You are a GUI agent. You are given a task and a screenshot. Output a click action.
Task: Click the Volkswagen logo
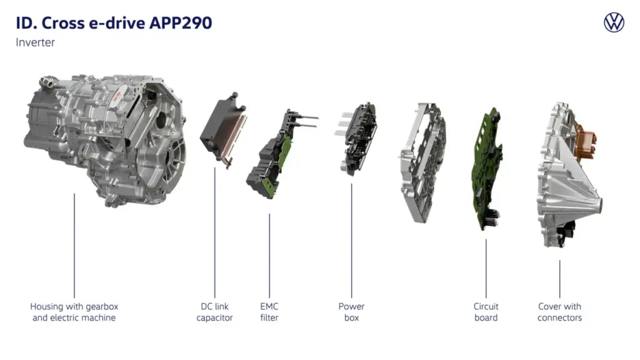pyautogui.click(x=614, y=22)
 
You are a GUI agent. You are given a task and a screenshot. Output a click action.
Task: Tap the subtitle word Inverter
pyautogui.click(x=36, y=42)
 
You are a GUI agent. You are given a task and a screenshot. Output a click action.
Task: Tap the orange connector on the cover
pyautogui.click(x=587, y=141)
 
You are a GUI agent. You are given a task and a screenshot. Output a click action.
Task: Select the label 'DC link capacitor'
pyautogui.click(x=214, y=312)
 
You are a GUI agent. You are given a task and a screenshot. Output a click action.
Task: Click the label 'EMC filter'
pyautogui.click(x=269, y=312)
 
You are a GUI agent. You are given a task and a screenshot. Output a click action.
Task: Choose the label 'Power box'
pyautogui.click(x=351, y=312)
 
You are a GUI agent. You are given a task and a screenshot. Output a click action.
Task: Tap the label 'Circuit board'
pyautogui.click(x=486, y=312)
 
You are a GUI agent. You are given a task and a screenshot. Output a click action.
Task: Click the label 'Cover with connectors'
pyautogui.click(x=559, y=312)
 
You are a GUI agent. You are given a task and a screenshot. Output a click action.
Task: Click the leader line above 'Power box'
pyautogui.click(x=351, y=237)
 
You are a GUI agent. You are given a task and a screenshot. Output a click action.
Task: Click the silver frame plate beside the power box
pyautogui.click(x=421, y=162)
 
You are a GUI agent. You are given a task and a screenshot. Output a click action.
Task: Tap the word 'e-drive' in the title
pyautogui.click(x=112, y=23)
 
